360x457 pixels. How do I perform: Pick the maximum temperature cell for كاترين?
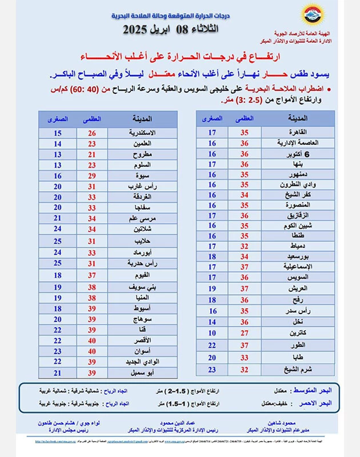(244, 332)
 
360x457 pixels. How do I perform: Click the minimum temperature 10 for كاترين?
(212, 332)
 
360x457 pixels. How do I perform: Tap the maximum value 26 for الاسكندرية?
(91, 133)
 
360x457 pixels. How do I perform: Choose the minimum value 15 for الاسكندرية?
(57, 133)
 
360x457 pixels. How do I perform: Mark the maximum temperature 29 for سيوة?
(91, 176)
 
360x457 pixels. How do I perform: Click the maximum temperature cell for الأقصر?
(91, 340)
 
